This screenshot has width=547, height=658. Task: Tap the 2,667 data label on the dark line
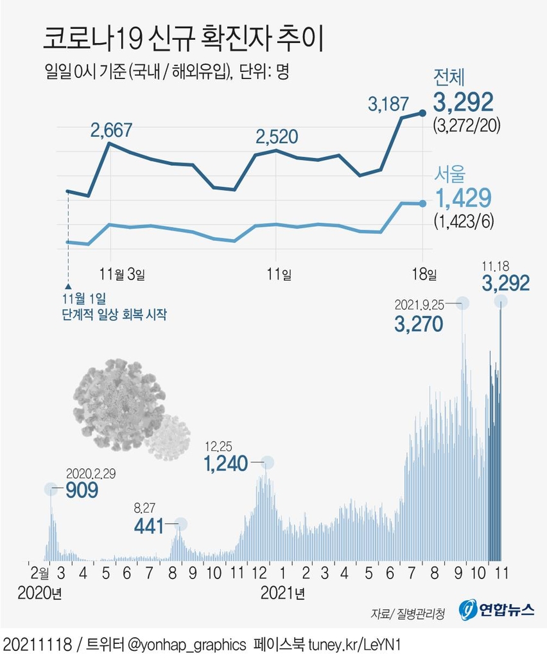coord(111,130)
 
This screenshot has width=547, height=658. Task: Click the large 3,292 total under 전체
coord(463,102)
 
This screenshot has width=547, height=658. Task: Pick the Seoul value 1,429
coord(463,199)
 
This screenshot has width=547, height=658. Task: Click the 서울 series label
coord(450,174)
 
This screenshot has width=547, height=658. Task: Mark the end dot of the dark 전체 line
coord(422,114)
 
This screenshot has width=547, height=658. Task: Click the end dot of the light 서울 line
coord(422,204)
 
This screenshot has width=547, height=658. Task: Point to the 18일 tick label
coord(424,274)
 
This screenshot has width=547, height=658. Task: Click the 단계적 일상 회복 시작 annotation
coord(115,315)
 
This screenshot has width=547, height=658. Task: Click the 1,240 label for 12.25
coord(225,463)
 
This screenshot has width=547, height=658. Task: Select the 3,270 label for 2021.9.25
coord(419,323)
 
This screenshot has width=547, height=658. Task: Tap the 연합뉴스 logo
coord(498,609)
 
